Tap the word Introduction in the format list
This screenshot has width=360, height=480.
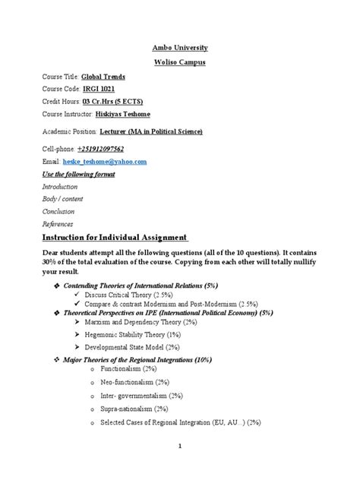coord(60,186)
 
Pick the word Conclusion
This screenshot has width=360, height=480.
coord(58,212)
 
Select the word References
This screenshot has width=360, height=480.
coord(58,224)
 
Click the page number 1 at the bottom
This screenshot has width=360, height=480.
coord(180,469)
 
